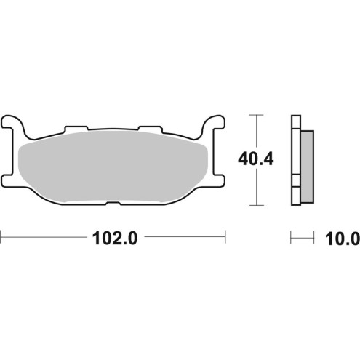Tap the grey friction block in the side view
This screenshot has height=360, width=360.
pyautogui.click(x=308, y=165)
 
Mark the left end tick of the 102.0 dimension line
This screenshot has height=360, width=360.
pyautogui.click(x=2, y=236)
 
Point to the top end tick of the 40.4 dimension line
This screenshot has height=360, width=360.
pyautogui.click(x=254, y=115)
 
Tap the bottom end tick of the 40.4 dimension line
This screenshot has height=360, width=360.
pyautogui.click(x=254, y=205)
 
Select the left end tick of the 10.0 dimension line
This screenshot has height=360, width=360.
pyautogui.click(x=291, y=236)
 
